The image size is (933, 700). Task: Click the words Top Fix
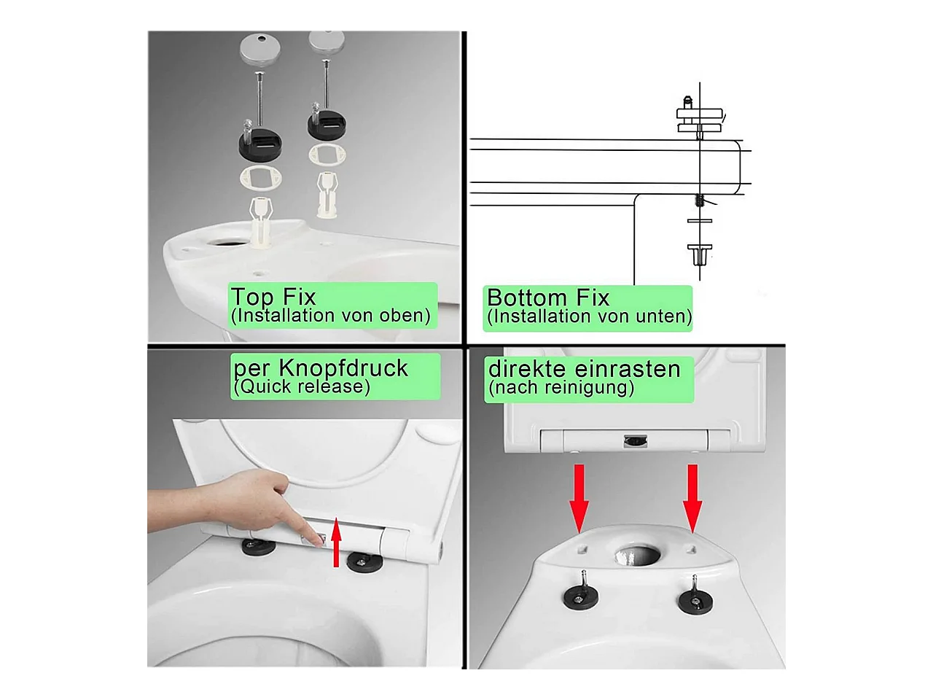coord(273,296)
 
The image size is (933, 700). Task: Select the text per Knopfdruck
coord(321,367)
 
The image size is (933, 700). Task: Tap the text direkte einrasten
coord(584,368)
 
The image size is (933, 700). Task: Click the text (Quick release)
coord(302,386)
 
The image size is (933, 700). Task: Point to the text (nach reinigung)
coord(561,388)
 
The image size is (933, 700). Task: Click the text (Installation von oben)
coord(331,316)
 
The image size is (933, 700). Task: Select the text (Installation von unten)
coord(590,316)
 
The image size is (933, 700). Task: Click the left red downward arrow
coord(579,498)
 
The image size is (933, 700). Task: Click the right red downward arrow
coord(692,498)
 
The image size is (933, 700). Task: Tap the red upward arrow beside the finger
coord(336,542)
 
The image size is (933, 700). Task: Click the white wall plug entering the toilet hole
coord(260,222)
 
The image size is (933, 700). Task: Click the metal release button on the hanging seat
coord(635,441)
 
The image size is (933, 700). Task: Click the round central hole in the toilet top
coord(638,555)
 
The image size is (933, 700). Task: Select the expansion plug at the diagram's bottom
coord(699,254)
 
